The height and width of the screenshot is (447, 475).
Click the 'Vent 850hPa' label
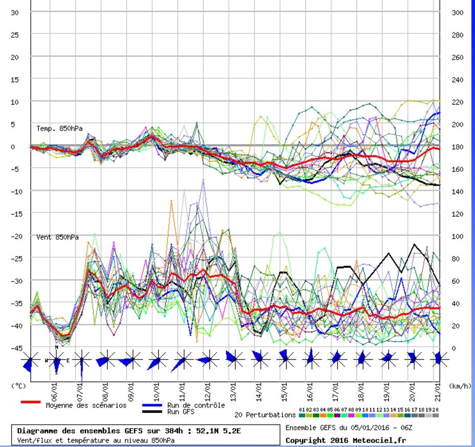pos(57,237)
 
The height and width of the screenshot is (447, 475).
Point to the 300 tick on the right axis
pos(457,12)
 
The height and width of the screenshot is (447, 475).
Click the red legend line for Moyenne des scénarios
pos(30,402)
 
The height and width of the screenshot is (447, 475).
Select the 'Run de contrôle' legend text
pos(196,405)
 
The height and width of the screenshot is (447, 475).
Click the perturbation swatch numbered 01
pos(302,415)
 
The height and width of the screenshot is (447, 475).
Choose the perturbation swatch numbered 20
pos(436,415)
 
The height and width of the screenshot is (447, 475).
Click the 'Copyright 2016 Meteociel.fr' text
pos(346,440)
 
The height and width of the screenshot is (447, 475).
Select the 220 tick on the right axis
pos(457,102)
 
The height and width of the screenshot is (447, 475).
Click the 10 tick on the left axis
pos(14,102)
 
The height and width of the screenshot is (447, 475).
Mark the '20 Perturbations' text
pos(265,415)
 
